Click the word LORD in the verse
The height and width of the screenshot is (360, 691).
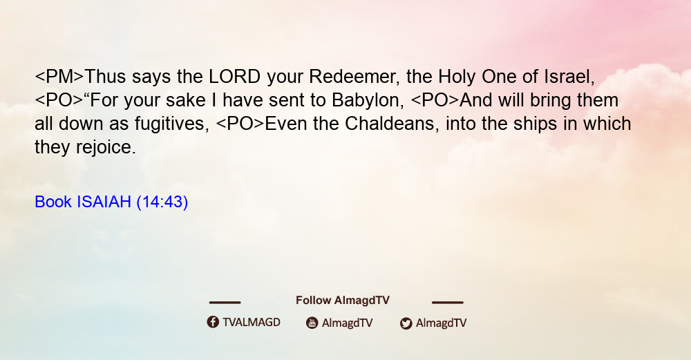234,77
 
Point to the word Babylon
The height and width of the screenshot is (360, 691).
368,100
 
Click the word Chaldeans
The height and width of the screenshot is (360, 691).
392,124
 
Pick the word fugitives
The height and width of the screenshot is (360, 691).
172,124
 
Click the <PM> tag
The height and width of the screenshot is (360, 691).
59,77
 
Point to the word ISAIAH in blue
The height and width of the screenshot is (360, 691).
104,202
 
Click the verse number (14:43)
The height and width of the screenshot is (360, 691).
162,202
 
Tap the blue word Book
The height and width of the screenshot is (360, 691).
53,202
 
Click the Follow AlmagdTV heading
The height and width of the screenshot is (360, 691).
343,301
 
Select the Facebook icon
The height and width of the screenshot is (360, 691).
213,322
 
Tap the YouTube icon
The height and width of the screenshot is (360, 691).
312,323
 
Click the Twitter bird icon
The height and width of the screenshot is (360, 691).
406,323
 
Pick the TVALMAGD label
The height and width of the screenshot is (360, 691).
252,323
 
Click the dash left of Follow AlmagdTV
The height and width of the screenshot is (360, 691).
225,303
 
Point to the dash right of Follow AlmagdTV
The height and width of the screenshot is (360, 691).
448,303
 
